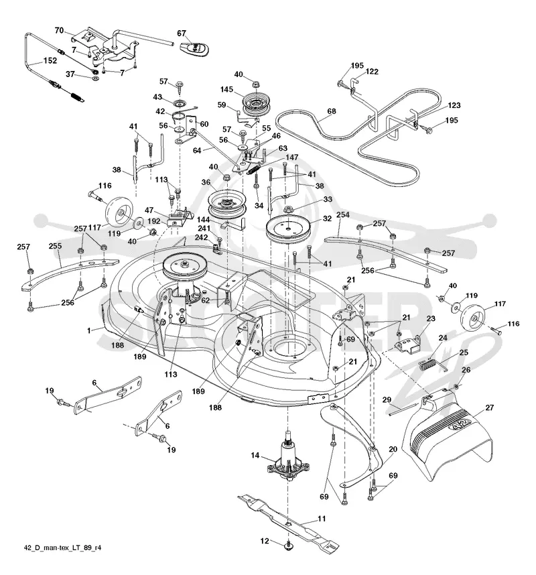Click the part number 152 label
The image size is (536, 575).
point(50,60)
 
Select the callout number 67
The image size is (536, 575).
point(182,34)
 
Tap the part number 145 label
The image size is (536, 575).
point(226,90)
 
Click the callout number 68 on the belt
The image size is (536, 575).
point(332,111)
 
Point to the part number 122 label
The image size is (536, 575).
point(372,72)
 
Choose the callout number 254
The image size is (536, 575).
point(343,214)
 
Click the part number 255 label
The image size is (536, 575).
point(55,246)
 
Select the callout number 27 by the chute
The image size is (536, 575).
point(490,407)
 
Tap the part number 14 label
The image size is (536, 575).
point(255,455)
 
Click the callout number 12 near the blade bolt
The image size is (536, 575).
point(265,541)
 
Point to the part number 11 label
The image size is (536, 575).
point(322,519)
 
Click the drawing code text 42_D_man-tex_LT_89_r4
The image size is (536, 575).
point(62,548)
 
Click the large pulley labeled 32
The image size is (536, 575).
point(289,230)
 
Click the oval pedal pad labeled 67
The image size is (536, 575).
point(194,49)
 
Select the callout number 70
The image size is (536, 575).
point(59,30)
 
